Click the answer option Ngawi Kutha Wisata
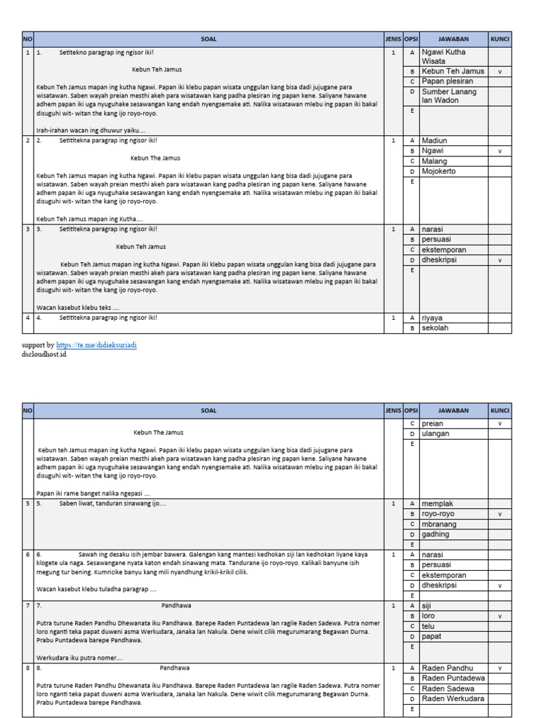(444, 57)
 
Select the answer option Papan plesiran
(448, 81)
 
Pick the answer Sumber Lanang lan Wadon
(449, 96)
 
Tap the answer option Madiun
(434, 140)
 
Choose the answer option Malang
(434, 161)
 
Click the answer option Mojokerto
(439, 171)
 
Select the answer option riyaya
(432, 318)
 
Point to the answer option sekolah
(435, 328)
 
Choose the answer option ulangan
(436, 433)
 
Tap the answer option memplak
(438, 503)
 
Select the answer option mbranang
(440, 524)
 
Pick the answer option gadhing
(436, 534)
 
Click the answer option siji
(427, 606)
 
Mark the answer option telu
(428, 626)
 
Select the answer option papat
(432, 637)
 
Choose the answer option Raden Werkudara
(453, 699)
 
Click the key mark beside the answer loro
(500, 616)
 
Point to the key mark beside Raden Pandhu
(500, 668)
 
